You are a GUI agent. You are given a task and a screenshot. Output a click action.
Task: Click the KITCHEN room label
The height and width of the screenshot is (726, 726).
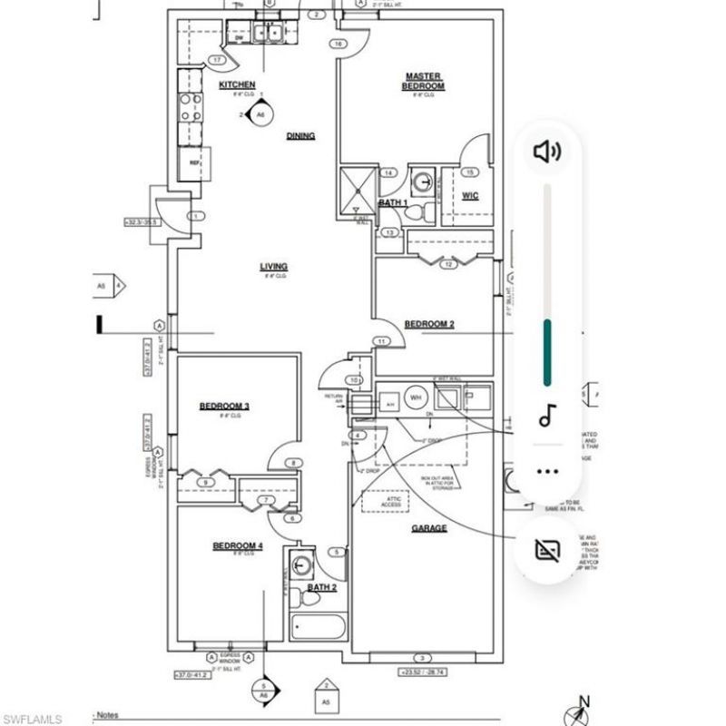pyautogui.click(x=237, y=85)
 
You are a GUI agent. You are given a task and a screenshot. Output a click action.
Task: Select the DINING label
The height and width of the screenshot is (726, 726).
pyautogui.click(x=300, y=136)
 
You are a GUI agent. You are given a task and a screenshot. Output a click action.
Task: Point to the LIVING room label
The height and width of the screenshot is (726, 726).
pyautogui.click(x=273, y=267)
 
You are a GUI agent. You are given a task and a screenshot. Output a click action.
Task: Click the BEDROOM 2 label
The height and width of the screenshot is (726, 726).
pyautogui.click(x=429, y=324)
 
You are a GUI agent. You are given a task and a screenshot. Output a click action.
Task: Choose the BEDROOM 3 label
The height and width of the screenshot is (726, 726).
pyautogui.click(x=224, y=406)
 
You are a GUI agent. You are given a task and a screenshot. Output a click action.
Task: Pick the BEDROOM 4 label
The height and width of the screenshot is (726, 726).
pyautogui.click(x=237, y=545)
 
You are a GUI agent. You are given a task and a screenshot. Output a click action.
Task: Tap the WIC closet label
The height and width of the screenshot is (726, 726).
pyautogui.click(x=470, y=195)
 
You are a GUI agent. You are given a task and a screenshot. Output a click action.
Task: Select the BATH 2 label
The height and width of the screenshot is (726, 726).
pyautogui.click(x=321, y=588)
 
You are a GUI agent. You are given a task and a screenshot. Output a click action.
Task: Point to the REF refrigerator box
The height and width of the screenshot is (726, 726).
pyautogui.click(x=194, y=162)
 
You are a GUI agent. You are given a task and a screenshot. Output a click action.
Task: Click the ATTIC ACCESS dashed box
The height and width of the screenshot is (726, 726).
pyautogui.click(x=382, y=501)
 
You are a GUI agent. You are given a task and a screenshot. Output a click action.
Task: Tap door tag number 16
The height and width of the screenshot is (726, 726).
pyautogui.click(x=338, y=44)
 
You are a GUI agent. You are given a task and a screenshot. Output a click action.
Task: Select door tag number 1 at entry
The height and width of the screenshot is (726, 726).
pyautogui.click(x=194, y=216)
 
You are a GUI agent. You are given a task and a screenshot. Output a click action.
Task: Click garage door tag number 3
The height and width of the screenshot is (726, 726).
pyautogui.click(x=420, y=657)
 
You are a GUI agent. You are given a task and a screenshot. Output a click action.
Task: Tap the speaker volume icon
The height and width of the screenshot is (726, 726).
pyautogui.click(x=547, y=152)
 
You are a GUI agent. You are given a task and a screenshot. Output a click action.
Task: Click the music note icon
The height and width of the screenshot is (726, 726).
pyautogui.click(x=546, y=417)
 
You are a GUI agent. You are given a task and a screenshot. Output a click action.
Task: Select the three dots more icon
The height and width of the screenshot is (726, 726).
pyautogui.click(x=546, y=471)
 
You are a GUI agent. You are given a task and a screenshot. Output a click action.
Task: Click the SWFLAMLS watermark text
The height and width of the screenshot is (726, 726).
pyautogui.click(x=32, y=718)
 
